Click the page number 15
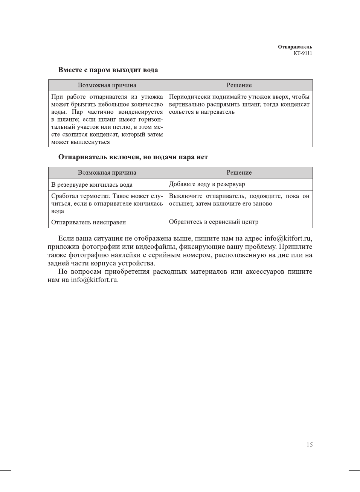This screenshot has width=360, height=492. click(309, 445)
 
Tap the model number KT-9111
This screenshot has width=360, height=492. click(303, 53)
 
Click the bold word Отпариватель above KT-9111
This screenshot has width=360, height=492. click(295, 47)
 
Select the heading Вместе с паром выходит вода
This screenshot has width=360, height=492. click(108, 70)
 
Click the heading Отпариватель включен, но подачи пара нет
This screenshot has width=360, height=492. click(133, 157)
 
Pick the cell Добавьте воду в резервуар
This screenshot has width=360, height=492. click(207, 184)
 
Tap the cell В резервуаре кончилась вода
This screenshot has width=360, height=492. click(92, 184)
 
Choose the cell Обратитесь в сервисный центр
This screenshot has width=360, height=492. click(214, 222)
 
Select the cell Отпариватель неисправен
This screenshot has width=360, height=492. click(88, 222)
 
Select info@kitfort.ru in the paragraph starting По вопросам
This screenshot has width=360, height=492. click(94, 280)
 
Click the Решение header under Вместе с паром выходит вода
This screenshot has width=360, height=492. click(239, 85)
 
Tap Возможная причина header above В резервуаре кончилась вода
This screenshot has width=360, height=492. click(107, 172)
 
